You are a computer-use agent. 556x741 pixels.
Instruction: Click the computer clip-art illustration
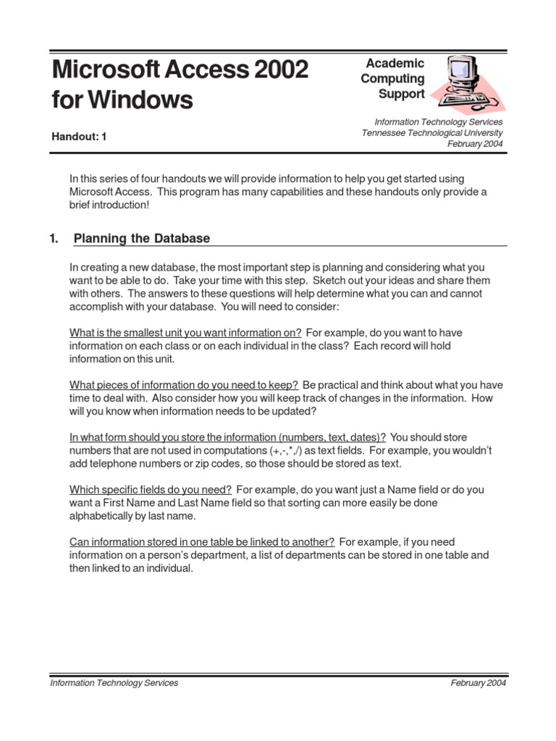(467, 83)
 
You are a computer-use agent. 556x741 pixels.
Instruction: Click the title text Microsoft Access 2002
(180, 69)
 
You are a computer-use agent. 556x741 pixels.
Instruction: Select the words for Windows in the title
(122, 100)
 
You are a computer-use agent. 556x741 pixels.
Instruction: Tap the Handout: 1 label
(79, 136)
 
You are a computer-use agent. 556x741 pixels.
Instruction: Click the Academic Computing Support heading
(394, 79)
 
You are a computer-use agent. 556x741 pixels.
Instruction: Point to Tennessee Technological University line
(432, 132)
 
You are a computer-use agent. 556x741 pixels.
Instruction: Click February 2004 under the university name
(475, 143)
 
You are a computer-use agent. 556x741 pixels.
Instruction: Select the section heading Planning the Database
(142, 238)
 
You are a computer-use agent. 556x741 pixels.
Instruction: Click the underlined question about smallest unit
(185, 333)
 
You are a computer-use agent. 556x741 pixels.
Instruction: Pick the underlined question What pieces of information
(184, 385)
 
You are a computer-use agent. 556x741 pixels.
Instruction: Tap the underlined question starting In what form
(227, 437)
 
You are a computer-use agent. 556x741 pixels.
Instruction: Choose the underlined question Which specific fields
(151, 489)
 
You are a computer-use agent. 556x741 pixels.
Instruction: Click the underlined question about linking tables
(201, 541)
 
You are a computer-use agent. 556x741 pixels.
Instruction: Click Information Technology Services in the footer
(114, 682)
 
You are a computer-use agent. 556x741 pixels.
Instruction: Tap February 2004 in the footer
(478, 682)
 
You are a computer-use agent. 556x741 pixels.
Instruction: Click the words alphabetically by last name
(132, 516)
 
